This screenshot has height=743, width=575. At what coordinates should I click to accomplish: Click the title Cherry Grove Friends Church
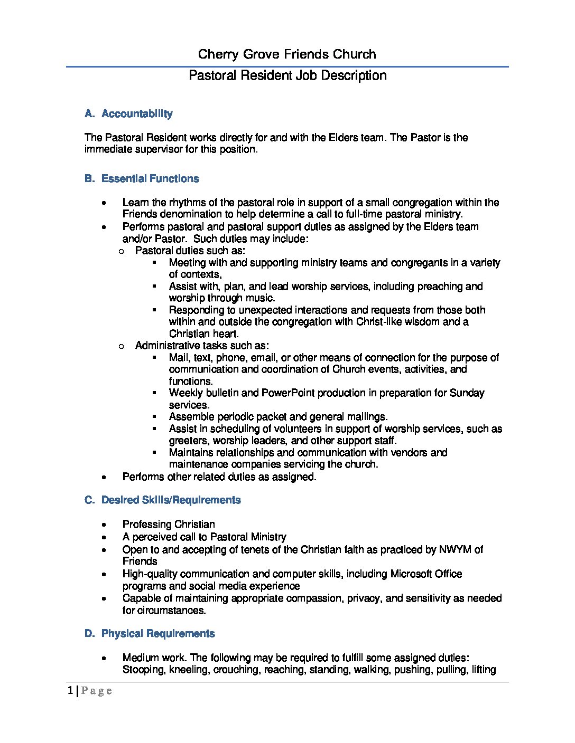[x=287, y=54]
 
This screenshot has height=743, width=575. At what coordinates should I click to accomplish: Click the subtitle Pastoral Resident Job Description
[x=287, y=75]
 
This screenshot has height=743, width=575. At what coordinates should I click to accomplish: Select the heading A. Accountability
[x=128, y=114]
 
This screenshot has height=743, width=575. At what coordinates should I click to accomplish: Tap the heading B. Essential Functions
[x=142, y=179]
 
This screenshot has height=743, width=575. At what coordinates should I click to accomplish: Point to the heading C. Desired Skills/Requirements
[x=162, y=500]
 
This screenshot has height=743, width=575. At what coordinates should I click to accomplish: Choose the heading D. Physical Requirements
[x=150, y=634]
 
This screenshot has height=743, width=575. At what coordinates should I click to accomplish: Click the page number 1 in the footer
[x=71, y=691]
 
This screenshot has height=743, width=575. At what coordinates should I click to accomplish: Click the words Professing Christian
[x=169, y=525]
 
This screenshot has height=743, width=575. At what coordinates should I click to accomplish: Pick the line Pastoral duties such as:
[x=190, y=251]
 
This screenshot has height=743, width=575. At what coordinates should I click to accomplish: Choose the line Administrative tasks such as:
[x=202, y=346]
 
